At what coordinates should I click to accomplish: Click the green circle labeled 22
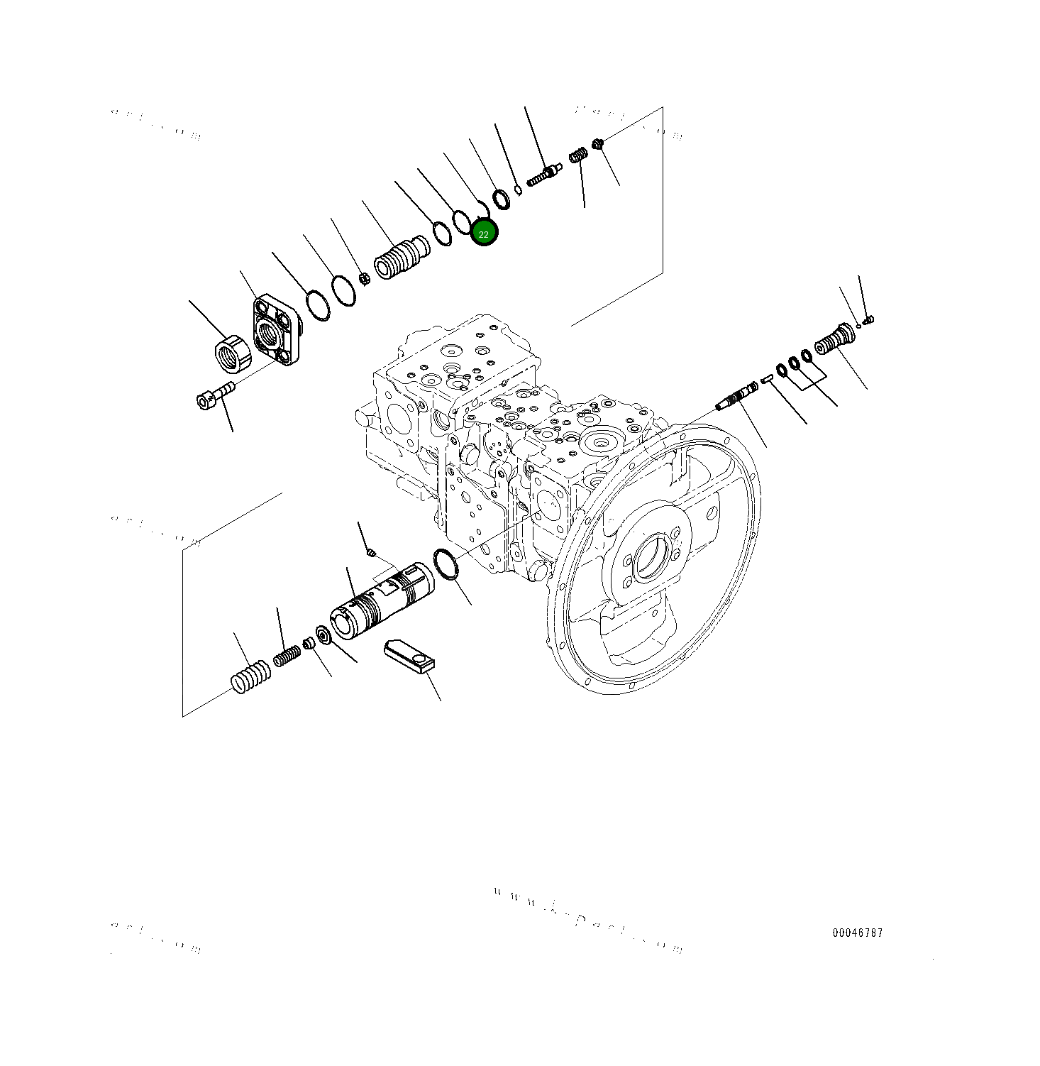[x=485, y=233]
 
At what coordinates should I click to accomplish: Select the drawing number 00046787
[x=858, y=933]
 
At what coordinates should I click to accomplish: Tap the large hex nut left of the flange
[x=233, y=353]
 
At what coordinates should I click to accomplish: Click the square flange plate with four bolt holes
[x=277, y=330]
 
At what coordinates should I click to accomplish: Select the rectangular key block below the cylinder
[x=409, y=656]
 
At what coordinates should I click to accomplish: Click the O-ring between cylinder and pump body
[x=445, y=564]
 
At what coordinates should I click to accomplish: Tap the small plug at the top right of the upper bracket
[x=598, y=144]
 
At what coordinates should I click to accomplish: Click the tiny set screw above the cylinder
[x=370, y=552]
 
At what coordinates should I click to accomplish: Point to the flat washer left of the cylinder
[x=323, y=634]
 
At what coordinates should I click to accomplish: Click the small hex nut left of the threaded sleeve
[x=363, y=278]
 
